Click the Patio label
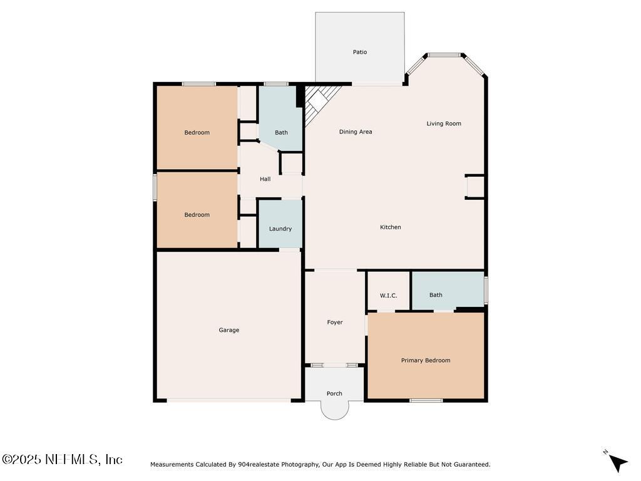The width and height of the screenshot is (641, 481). pos(360,52)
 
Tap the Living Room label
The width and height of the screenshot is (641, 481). pos(444,123)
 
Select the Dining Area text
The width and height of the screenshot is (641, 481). pos(356,132)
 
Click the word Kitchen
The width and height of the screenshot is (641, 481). pos(391,227)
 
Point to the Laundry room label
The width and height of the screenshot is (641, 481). pos(280,229)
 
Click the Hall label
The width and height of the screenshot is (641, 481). pos(265,178)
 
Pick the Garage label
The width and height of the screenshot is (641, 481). pos(229,330)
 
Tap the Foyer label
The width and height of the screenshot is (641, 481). pos(335,323)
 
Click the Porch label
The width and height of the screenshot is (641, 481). pos(334,393)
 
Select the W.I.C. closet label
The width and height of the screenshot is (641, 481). pos(388,296)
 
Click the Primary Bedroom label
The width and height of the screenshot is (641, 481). pos(426,360)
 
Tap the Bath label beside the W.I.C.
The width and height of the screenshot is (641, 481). pos(436,295)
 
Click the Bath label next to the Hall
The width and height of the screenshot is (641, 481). pos(281,133)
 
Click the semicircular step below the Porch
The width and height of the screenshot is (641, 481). pos(335,410)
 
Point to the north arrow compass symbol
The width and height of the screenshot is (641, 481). pos(617,462)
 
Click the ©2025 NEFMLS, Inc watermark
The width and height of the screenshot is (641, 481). pos(62,459)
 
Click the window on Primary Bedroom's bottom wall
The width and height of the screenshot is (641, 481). pos(426,400)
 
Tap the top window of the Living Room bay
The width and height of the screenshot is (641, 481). pos(444,55)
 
